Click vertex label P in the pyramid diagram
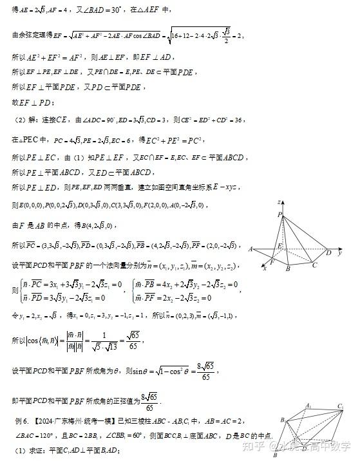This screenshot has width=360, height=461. [x=279, y=214]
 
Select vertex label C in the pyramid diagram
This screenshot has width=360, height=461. [x=314, y=265]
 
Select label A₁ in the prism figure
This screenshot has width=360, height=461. [x=308, y=406]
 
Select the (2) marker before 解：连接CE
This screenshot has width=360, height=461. [x=20, y=120]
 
